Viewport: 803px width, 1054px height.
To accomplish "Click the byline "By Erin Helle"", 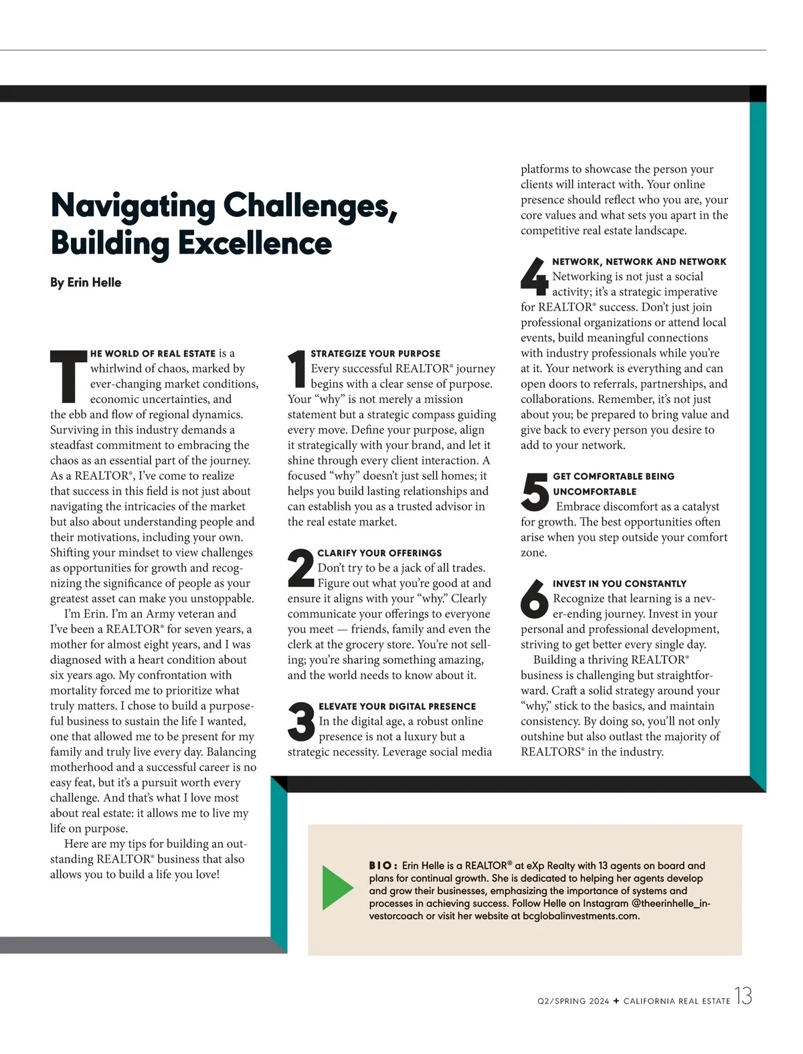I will click(x=86, y=282).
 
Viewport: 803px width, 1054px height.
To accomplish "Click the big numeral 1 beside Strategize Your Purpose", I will click(x=297, y=369).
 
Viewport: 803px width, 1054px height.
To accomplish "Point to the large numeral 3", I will click(x=301, y=721).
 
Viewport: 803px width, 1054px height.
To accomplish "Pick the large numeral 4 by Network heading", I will click(x=534, y=276).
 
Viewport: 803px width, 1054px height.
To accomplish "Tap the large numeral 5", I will click(x=535, y=491).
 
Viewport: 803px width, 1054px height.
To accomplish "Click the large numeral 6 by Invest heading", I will click(x=535, y=598).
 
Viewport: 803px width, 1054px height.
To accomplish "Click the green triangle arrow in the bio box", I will click(x=337, y=887).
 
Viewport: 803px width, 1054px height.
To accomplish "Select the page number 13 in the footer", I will click(x=743, y=997).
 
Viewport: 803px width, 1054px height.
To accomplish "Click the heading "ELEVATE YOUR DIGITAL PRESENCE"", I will click(x=397, y=707).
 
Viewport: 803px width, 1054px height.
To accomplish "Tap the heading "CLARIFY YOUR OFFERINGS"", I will click(x=379, y=553).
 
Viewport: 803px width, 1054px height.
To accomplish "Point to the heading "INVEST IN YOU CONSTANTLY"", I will click(x=620, y=584).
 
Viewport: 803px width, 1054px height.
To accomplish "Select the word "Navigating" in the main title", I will click(x=132, y=205).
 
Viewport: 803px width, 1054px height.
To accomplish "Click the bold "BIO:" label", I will click(x=383, y=866).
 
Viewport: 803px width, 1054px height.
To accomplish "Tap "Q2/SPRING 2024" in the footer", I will click(x=573, y=1002).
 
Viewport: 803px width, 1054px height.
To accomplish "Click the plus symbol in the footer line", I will click(x=616, y=1001).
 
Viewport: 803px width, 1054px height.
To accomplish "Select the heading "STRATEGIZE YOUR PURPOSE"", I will click(x=375, y=353).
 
